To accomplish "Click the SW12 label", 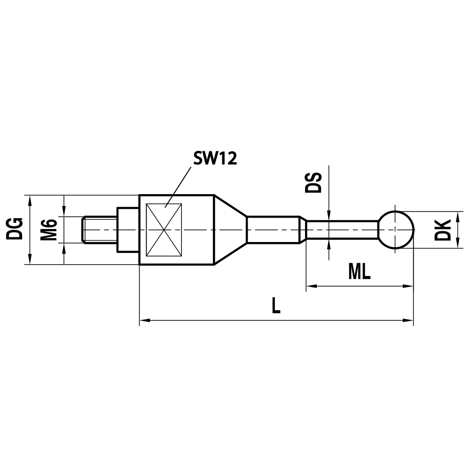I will click(x=215, y=159).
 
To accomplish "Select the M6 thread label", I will click(x=48, y=229).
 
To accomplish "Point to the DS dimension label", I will click(x=313, y=183).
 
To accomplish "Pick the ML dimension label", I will click(x=360, y=271).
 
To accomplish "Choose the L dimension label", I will click(x=276, y=306).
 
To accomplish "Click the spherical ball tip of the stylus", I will click(x=396, y=230).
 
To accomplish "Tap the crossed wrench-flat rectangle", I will click(x=164, y=230).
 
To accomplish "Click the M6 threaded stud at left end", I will click(x=99, y=230).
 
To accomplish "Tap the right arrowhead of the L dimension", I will click(x=408, y=321).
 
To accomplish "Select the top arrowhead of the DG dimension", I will click(x=31, y=199).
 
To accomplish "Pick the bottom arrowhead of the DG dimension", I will click(x=31, y=260).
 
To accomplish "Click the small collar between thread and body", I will click(x=128, y=230).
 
